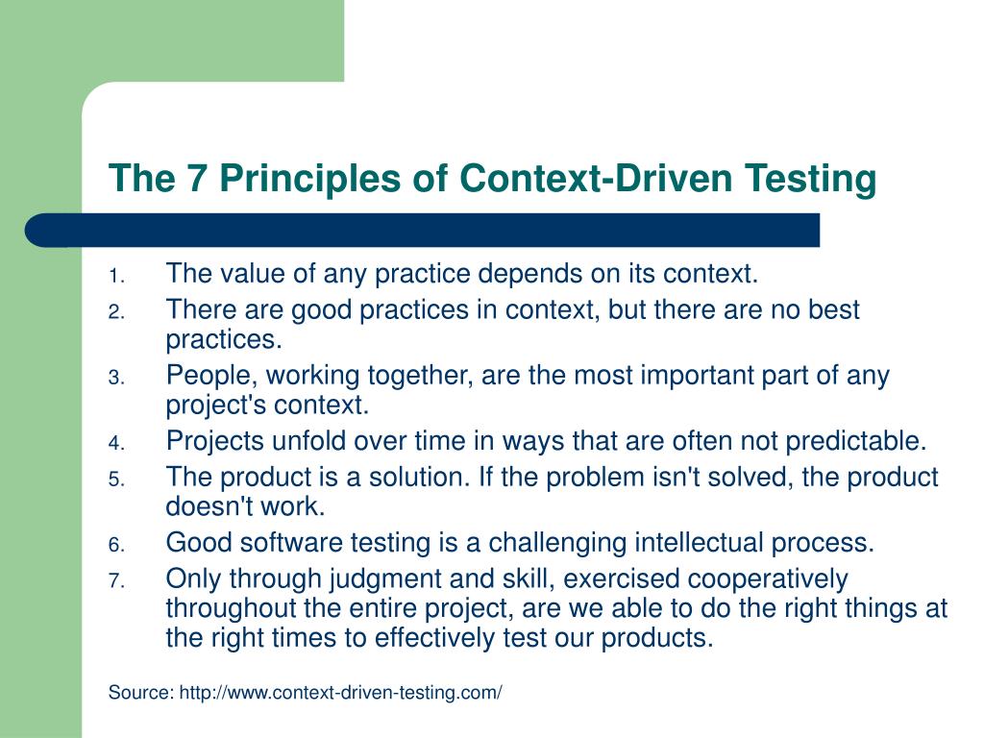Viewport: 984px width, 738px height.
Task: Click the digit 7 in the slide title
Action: tap(186, 179)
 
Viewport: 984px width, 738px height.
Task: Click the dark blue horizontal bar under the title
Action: tap(423, 231)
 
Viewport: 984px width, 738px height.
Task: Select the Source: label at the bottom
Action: tap(141, 693)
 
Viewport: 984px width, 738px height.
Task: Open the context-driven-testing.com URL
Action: tap(341, 693)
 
